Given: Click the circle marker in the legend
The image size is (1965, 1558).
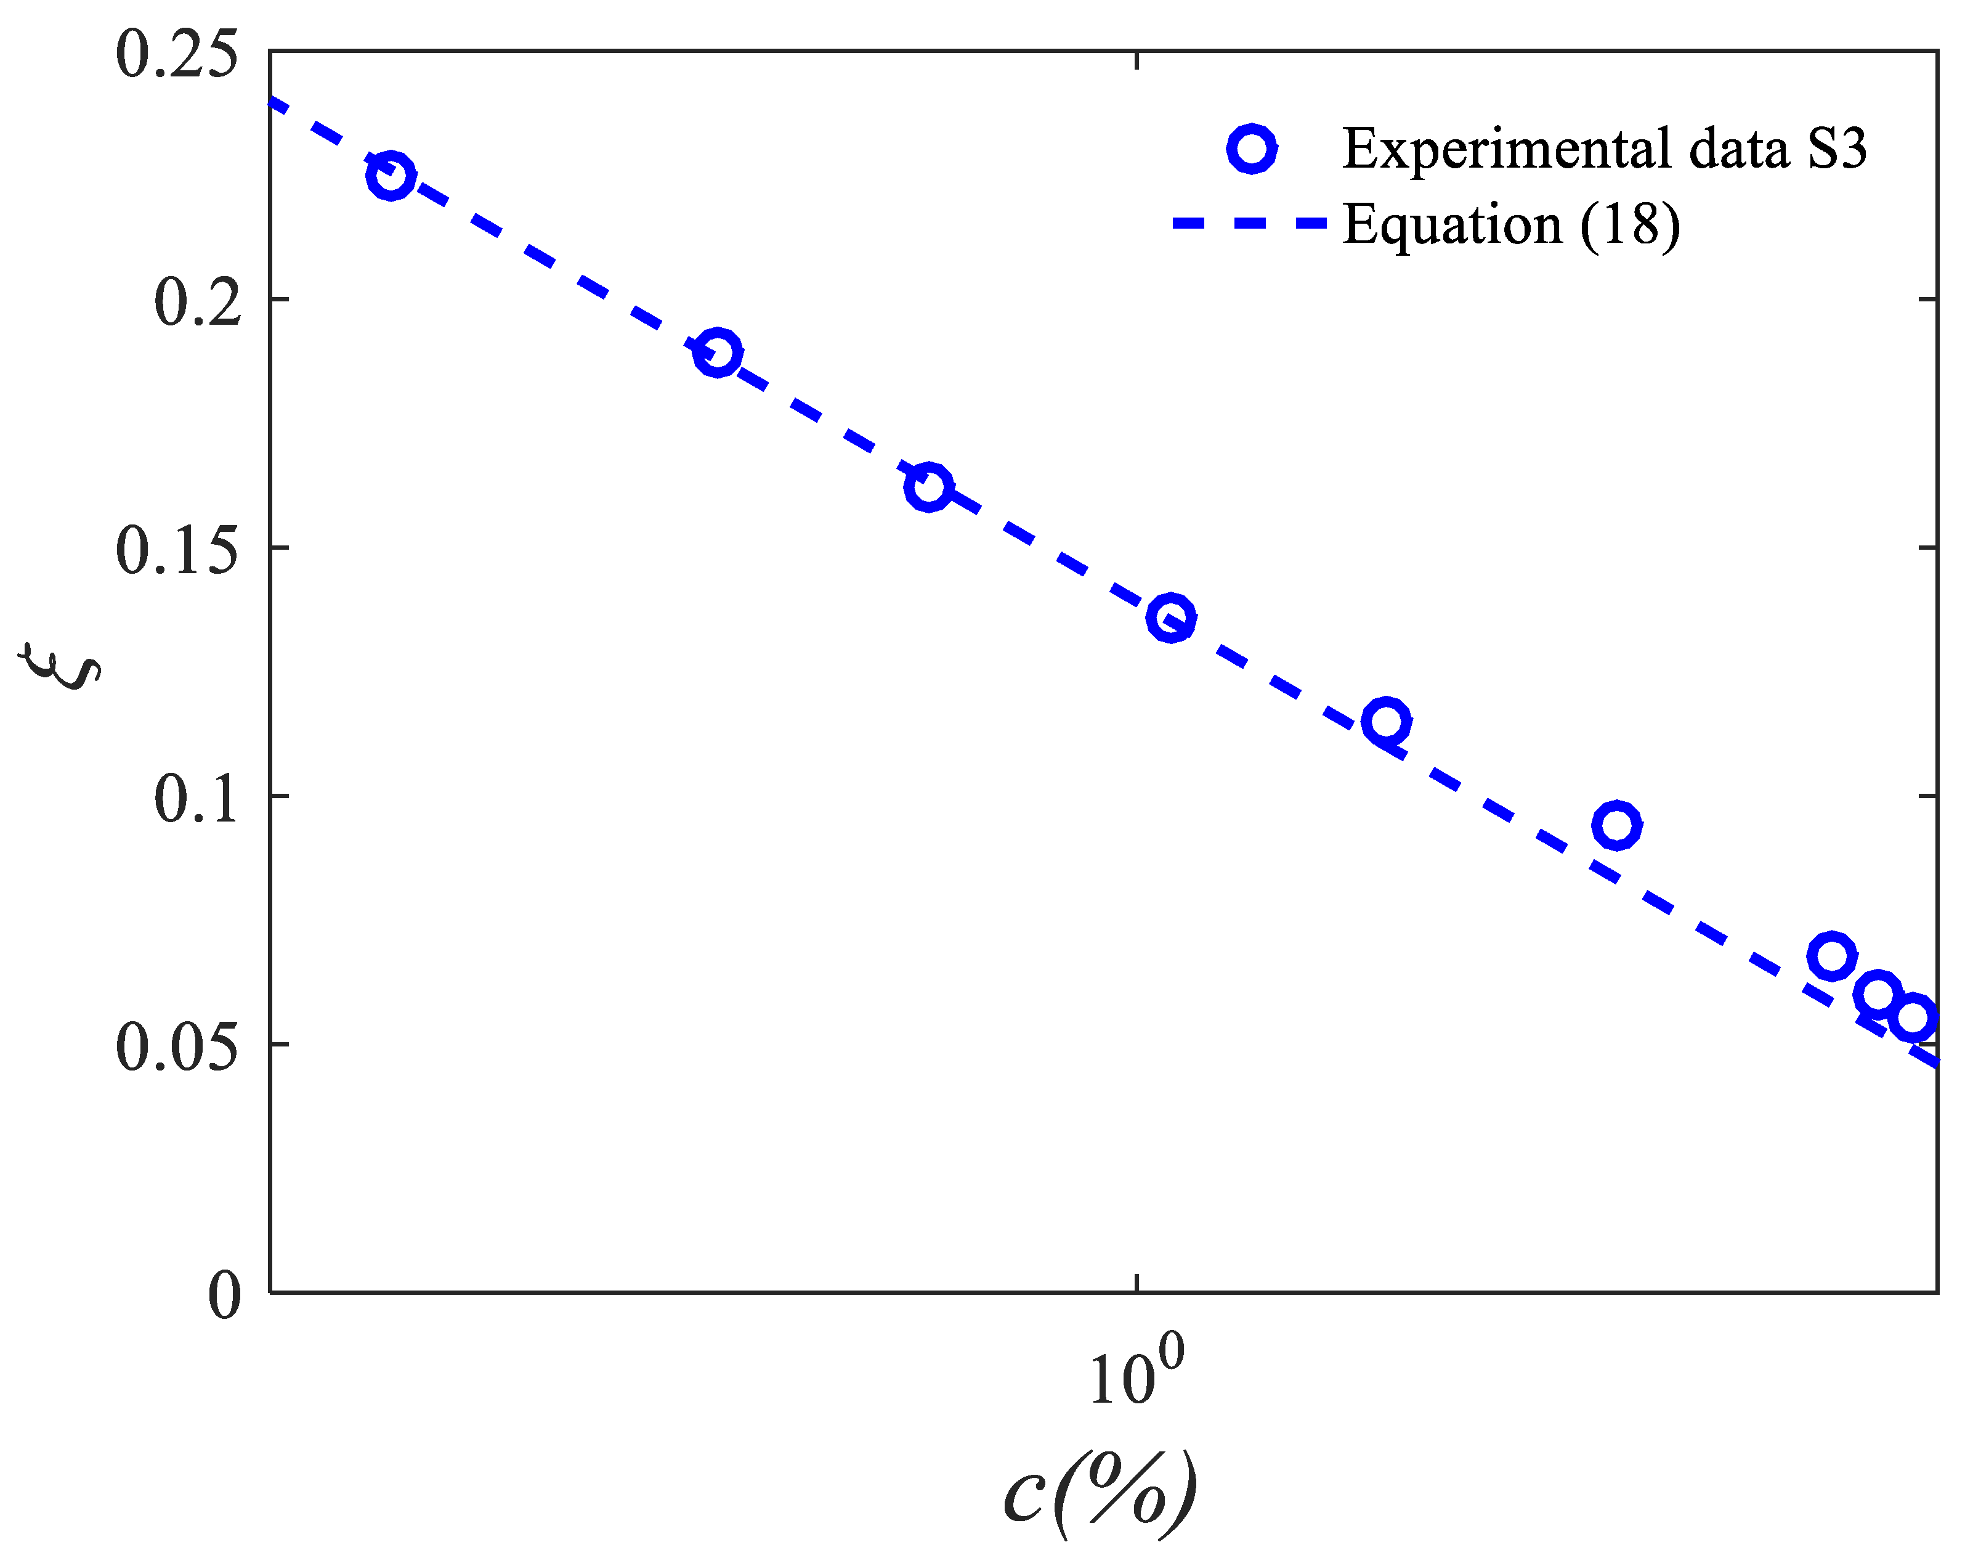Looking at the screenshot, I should [x=1251, y=149].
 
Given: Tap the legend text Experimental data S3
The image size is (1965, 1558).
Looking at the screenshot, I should [x=1604, y=149].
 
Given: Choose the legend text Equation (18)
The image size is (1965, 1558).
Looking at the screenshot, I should [x=1511, y=224].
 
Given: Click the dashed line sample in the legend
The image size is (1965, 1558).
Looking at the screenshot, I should [x=1249, y=223].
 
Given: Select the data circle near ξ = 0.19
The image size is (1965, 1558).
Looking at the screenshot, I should [x=718, y=352].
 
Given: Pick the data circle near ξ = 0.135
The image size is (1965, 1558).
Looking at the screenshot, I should [x=1171, y=619].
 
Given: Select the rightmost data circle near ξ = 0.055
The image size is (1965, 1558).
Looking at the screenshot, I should [x=1912, y=1016].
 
